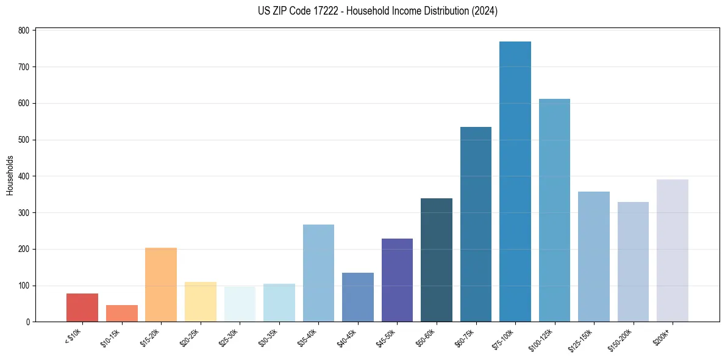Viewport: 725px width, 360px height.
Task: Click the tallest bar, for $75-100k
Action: click(515, 183)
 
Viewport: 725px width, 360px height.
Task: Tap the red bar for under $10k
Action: click(82, 308)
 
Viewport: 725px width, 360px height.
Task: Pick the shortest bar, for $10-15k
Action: click(122, 314)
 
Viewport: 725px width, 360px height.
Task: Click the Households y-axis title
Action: click(10, 175)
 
